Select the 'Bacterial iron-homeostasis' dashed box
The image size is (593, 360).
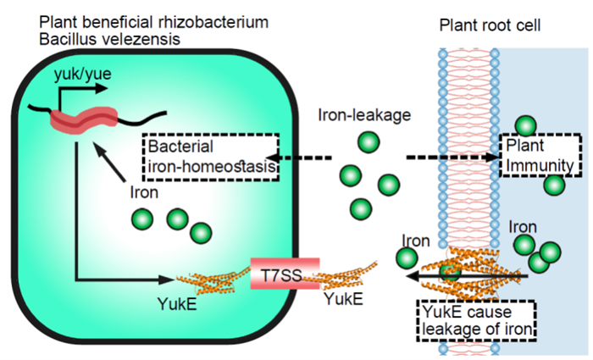tap(212, 157)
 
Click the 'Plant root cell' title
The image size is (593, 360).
tap(490, 26)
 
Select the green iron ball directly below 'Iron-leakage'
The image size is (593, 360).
tap(368, 142)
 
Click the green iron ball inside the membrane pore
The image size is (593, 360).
tap(448, 273)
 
